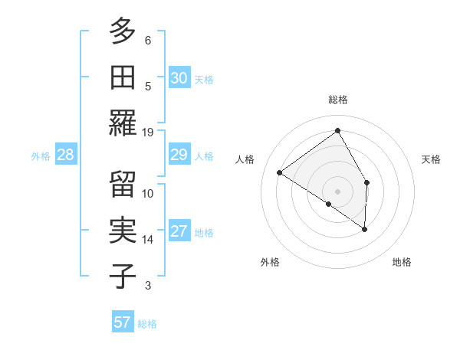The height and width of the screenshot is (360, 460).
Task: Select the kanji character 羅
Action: (x=123, y=123)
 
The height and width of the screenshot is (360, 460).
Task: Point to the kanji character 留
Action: (x=123, y=184)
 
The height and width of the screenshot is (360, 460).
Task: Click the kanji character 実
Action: (x=123, y=230)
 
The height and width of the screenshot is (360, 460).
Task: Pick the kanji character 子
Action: (x=123, y=276)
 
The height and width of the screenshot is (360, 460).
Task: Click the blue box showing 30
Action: (x=179, y=78)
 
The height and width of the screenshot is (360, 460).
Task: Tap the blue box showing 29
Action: (x=179, y=155)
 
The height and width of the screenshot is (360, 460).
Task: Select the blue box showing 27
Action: (x=179, y=232)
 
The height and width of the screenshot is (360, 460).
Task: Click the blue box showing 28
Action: (x=66, y=155)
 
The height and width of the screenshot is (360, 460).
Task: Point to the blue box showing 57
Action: (x=123, y=322)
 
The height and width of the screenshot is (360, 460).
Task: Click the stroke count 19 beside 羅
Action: (x=148, y=132)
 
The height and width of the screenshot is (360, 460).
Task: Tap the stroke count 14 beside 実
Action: (x=148, y=240)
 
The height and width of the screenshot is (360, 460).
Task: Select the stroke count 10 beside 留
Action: (x=148, y=193)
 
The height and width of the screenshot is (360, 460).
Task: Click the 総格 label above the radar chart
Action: (x=338, y=100)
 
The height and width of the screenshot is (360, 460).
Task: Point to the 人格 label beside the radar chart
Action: (x=245, y=159)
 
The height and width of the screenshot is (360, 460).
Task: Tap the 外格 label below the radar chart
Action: (x=270, y=263)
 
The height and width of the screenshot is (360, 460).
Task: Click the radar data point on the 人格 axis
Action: (x=280, y=172)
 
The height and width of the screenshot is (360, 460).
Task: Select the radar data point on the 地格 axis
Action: (x=365, y=229)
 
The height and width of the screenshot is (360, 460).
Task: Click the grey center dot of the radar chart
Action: (x=337, y=191)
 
